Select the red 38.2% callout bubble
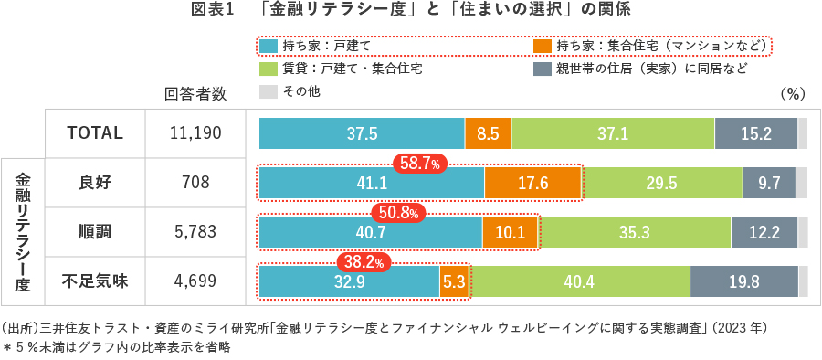click(364, 262)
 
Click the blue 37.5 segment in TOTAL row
click(362, 133)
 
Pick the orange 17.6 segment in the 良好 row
click(532, 183)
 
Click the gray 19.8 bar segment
click(743, 281)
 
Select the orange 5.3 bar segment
click(454, 281)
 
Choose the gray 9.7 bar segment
click(769, 183)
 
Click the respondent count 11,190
click(195, 133)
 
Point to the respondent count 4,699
click(195, 281)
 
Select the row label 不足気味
click(95, 281)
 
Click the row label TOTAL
click(95, 133)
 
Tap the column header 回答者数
click(195, 93)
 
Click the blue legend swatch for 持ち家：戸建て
click(268, 45)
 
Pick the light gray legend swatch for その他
click(268, 91)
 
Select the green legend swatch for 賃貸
click(268, 69)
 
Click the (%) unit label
click(791, 93)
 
